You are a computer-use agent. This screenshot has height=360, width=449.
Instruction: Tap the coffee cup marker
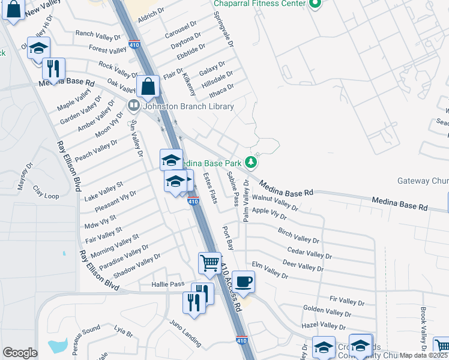point(243,281)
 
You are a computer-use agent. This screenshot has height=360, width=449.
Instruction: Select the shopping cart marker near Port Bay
point(209,262)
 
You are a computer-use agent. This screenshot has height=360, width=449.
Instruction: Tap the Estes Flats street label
point(209,187)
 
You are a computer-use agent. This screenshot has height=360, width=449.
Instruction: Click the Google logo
point(20,353)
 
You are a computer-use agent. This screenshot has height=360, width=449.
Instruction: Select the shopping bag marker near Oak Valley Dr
point(147,86)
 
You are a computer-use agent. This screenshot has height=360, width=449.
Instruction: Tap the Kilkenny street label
point(189,83)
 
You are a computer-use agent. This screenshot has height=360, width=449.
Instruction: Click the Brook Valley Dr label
point(423,329)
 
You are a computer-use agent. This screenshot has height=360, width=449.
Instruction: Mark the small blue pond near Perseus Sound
point(58,346)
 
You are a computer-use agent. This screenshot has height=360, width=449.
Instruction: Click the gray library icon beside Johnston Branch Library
point(133,106)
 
